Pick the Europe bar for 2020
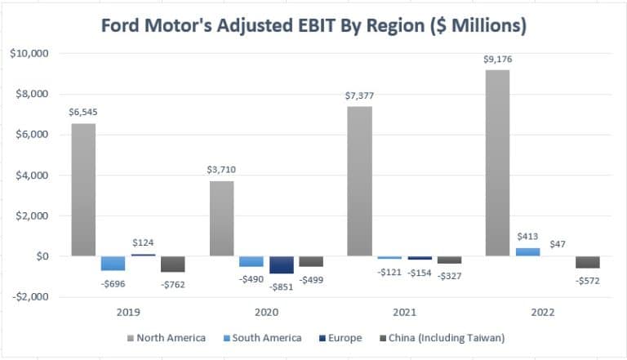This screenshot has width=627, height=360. (282, 264)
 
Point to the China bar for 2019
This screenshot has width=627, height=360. (172, 264)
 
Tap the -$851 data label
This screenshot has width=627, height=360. (282, 284)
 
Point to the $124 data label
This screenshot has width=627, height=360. (144, 242)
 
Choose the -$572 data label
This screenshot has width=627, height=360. (588, 280)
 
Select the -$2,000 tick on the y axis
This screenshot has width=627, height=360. (28, 296)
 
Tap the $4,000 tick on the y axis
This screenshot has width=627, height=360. (30, 175)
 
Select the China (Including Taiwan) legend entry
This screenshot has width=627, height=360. (444, 338)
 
